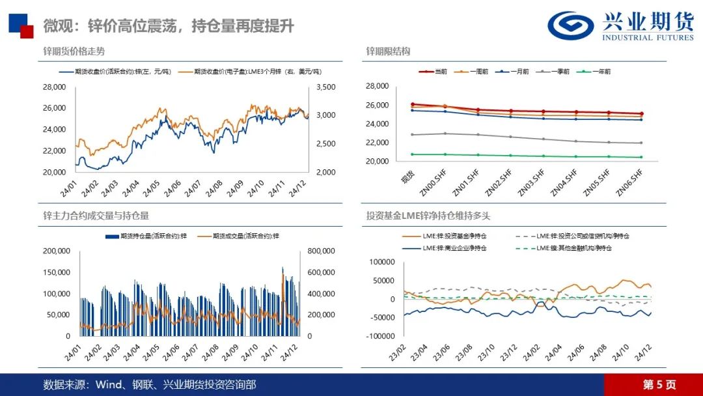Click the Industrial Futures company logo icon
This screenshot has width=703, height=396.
(x=570, y=25)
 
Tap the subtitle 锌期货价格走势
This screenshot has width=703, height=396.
(x=74, y=51)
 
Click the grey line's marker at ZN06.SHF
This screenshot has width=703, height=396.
(x=641, y=143)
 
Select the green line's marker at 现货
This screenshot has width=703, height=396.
(x=413, y=154)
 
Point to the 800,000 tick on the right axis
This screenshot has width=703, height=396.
(x=321, y=251)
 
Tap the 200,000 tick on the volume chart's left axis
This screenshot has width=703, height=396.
(x=57, y=251)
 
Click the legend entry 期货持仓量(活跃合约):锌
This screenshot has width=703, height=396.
(x=143, y=235)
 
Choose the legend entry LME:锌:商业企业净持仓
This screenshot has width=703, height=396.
(x=448, y=248)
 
